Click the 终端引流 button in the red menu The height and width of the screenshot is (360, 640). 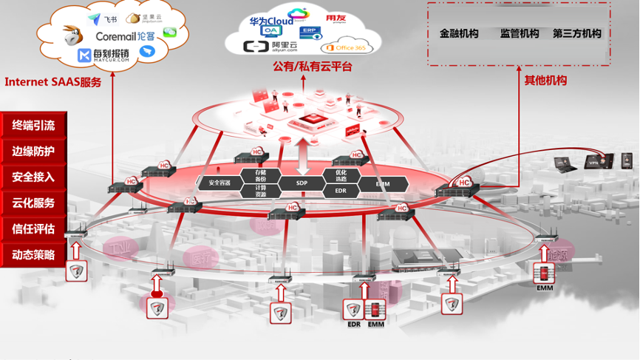(33, 126)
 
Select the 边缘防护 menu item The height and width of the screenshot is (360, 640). (33, 152)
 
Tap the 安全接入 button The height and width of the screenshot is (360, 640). (33, 177)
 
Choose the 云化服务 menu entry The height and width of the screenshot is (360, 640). (33, 203)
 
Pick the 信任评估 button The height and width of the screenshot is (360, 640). (33, 229)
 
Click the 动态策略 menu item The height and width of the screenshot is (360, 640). (33, 255)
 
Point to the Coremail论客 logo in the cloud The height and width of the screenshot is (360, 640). (125, 35)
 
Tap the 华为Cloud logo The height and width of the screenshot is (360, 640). (271, 21)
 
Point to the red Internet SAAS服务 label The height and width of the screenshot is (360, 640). (52, 82)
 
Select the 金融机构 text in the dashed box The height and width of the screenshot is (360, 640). (459, 33)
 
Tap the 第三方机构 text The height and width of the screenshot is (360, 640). (577, 33)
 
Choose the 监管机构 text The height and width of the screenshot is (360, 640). (520, 33)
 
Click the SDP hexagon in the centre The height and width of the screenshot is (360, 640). (302, 183)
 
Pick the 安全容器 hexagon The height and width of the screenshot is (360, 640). (220, 183)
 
